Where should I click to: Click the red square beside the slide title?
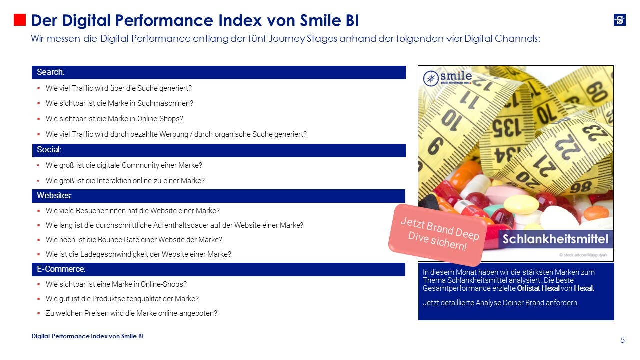pos(19,20)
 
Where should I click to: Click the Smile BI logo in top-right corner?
pos(619,20)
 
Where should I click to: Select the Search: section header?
pos(218,72)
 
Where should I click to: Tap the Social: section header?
pos(218,150)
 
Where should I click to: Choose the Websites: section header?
pos(218,195)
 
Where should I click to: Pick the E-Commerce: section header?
pos(218,269)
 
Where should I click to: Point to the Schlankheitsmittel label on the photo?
pos(555,239)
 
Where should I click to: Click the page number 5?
pos(622,340)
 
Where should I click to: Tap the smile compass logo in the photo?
pos(447,78)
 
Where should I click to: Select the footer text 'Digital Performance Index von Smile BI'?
pos(88,336)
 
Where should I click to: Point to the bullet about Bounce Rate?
pos(134,240)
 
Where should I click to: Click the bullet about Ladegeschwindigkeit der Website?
pos(138,254)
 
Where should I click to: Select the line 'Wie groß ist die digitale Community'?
pos(124,165)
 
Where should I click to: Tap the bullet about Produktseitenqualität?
pos(122,299)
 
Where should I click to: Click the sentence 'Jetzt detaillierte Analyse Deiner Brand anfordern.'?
pos(500,303)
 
